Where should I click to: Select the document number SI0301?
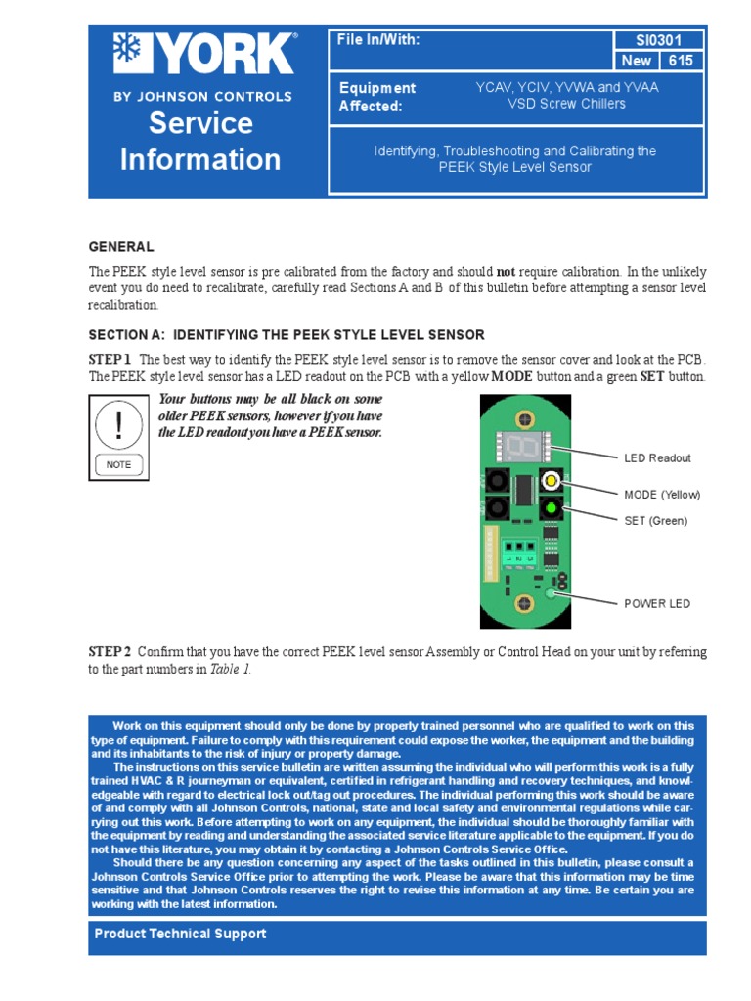click(658, 40)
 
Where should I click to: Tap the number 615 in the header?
click(682, 61)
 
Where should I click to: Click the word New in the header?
click(637, 61)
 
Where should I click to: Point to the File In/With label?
click(378, 40)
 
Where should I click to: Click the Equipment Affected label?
click(376, 97)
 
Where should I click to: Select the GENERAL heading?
click(121, 247)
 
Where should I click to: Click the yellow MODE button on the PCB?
click(551, 481)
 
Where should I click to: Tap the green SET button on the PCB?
click(551, 507)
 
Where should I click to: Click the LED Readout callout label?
click(657, 457)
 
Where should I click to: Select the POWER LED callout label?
click(657, 603)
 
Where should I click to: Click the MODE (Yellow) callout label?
click(662, 495)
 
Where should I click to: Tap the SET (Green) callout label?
click(655, 521)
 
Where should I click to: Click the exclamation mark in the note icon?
click(119, 424)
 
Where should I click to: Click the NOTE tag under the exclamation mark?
click(119, 465)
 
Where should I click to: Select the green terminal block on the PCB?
click(519, 553)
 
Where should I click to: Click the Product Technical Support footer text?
click(180, 934)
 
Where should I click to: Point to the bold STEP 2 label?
click(110, 651)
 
